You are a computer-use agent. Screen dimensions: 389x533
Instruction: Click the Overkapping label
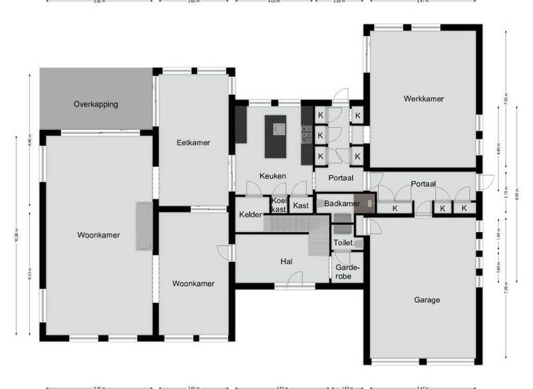96,104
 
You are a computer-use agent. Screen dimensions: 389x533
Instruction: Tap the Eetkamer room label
193,142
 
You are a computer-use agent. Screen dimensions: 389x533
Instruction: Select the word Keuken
273,176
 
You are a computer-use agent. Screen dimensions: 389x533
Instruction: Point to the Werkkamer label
423,99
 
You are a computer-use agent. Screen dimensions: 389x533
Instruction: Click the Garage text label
427,300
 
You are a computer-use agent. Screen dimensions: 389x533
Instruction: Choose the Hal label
285,261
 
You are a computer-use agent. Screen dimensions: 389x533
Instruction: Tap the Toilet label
343,243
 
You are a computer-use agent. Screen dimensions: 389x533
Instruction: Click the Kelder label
251,215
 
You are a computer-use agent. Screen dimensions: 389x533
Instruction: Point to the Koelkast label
278,205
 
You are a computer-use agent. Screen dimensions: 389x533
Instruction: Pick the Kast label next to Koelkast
301,206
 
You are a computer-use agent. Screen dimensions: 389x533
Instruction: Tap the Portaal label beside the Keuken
341,178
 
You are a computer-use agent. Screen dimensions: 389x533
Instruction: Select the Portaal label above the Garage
423,184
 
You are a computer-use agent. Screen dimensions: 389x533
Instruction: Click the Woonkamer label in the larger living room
99,235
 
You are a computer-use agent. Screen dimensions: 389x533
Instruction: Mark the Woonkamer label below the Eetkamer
193,283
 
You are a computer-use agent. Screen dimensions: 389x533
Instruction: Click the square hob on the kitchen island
279,129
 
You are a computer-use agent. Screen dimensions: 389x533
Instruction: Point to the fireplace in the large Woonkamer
144,226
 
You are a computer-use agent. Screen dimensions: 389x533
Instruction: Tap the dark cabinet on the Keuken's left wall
241,124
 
